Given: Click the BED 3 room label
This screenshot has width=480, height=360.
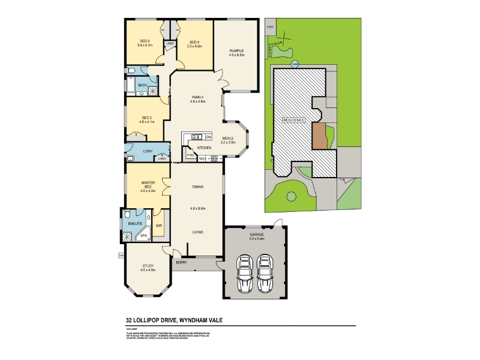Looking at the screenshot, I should coord(143,41).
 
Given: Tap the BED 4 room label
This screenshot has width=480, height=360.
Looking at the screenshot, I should coord(193,41).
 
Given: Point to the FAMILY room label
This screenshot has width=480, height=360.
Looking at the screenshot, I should coord(198,97).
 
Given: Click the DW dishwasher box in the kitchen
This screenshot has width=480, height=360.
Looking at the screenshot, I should coord(208,137).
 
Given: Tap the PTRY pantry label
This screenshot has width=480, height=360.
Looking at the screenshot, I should coord(190,155).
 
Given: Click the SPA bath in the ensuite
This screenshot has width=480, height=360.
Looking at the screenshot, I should coord(143,236).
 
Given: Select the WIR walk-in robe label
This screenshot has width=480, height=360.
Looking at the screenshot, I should coord(158,226).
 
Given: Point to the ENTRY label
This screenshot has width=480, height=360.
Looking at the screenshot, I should coord(181,262).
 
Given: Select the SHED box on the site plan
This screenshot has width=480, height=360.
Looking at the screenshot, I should coord(270,27).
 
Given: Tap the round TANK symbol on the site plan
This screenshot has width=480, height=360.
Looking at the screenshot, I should coord(295,64).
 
